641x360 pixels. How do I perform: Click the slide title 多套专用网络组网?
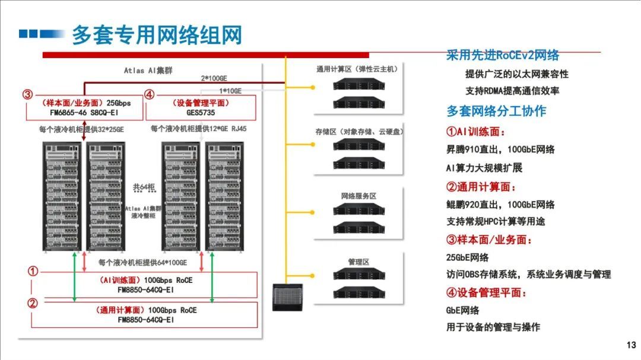[x=157, y=35]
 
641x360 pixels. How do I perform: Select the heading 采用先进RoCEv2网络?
[x=502, y=56]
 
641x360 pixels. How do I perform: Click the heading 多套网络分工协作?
[x=496, y=111]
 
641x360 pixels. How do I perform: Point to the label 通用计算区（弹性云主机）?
[x=357, y=69]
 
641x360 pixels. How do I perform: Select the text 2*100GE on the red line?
[x=214, y=78]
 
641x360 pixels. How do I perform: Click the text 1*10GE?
[x=231, y=91]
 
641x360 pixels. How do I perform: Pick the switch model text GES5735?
[x=201, y=111]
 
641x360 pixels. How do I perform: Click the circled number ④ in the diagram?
[x=150, y=94]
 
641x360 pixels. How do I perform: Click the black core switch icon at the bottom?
[x=287, y=297]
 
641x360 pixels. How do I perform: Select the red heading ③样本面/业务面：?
[x=489, y=240]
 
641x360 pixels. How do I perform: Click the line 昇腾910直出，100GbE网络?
[x=500, y=149]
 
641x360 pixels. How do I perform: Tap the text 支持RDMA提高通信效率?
[x=512, y=91]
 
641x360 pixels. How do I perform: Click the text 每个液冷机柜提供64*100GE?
[x=142, y=262]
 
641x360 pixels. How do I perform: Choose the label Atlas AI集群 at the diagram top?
[x=148, y=70]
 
